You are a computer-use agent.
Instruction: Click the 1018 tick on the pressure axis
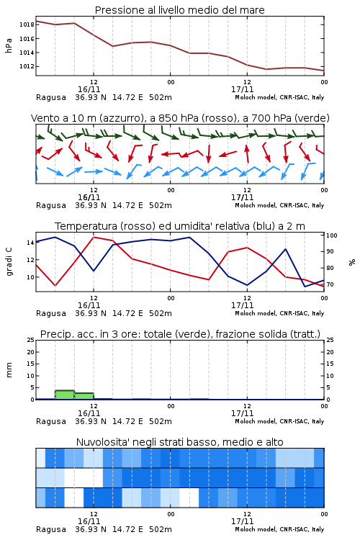(27, 24)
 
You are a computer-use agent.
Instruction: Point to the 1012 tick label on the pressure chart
(27, 66)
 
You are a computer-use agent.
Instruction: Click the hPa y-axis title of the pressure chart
(9, 45)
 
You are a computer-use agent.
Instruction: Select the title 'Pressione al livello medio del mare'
(180, 10)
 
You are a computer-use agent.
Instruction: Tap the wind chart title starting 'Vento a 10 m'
(180, 118)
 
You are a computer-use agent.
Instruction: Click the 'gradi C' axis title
(9, 261)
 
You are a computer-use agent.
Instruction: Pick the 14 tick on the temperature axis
(30, 243)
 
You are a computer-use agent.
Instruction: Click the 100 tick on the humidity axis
(332, 235)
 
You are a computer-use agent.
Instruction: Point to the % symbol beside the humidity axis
(352, 262)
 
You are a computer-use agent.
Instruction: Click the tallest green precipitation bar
(65, 395)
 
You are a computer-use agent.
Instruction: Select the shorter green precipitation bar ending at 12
(84, 396)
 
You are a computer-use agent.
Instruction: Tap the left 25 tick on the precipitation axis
(31, 340)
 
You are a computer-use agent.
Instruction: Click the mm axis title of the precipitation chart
(9, 370)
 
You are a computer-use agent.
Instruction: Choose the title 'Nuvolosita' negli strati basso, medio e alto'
(180, 442)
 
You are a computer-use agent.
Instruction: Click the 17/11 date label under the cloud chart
(242, 521)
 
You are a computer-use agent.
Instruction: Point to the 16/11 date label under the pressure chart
(89, 89)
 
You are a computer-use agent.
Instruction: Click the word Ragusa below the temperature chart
(51, 313)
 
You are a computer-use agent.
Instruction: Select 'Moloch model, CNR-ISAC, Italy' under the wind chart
(279, 205)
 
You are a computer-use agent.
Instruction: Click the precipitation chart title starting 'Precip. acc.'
(180, 334)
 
